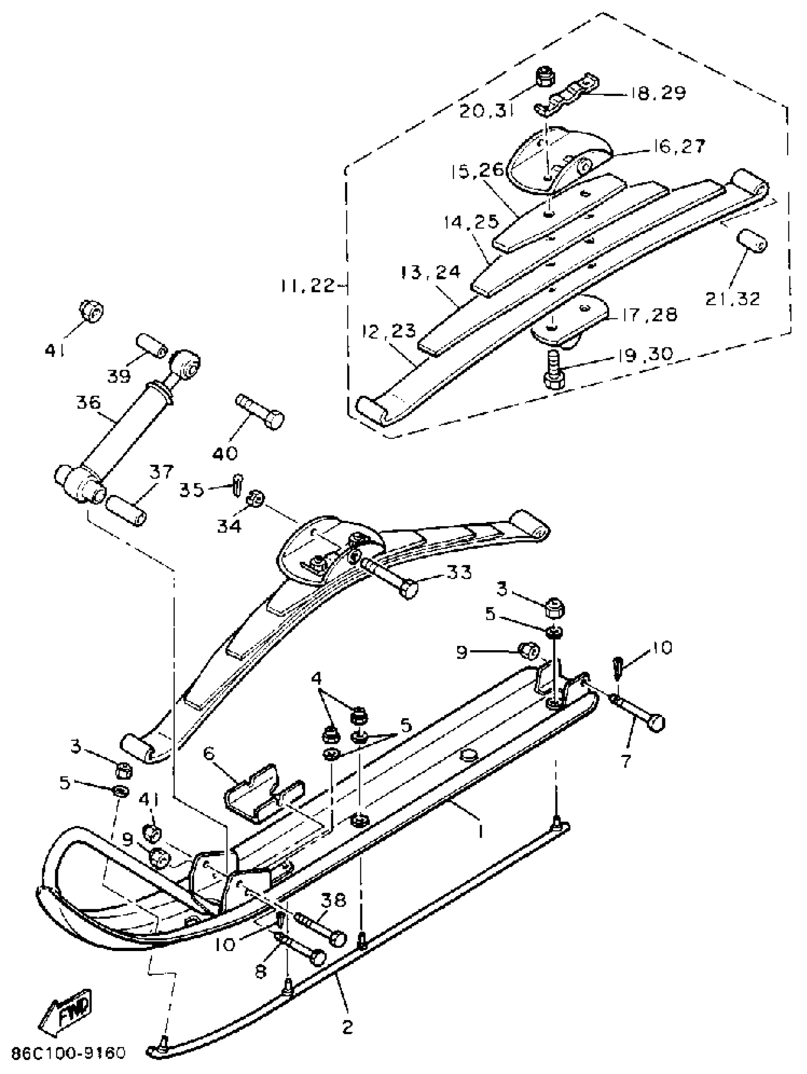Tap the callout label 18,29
pyautogui.click(x=655, y=93)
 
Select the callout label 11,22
pyautogui.click(x=308, y=285)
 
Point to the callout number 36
pyautogui.click(x=88, y=402)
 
